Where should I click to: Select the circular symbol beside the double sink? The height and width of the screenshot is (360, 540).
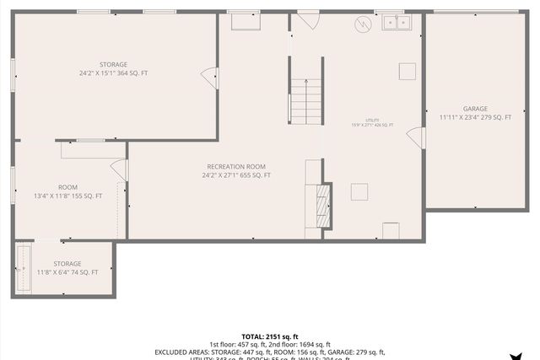[363, 24]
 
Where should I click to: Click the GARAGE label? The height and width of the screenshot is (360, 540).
[475, 109]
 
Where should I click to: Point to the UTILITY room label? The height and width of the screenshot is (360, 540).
[372, 120]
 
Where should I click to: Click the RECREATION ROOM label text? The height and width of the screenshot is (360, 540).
[236, 166]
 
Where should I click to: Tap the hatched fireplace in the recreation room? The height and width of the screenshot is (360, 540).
[321, 205]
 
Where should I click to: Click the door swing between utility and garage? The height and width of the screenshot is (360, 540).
[416, 137]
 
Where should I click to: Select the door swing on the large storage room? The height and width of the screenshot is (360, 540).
[208, 79]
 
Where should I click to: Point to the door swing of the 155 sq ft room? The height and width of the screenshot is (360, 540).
[119, 169]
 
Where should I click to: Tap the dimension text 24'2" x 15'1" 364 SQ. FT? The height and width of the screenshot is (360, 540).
[113, 73]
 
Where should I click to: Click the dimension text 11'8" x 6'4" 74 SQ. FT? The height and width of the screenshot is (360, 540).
[67, 272]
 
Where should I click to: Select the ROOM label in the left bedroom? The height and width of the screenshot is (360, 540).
[67, 187]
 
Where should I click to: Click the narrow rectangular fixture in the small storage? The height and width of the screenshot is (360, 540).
[23, 268]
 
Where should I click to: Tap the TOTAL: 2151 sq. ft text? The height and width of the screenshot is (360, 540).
[269, 336]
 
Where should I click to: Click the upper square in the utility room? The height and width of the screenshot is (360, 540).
[408, 71]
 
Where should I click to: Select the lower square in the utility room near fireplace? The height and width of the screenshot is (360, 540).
[359, 191]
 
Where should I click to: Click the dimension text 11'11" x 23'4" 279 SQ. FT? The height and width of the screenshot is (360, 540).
[475, 117]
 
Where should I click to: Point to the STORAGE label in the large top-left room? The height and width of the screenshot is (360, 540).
[113, 65]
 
